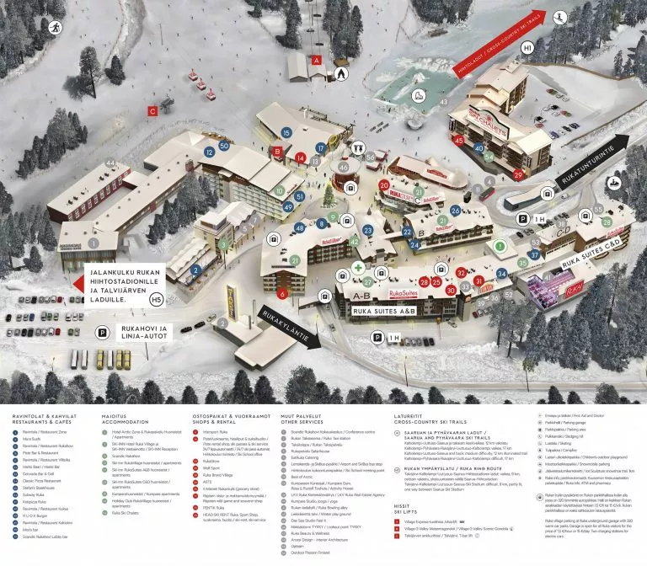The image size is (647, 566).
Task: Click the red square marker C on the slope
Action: (x=152, y=109)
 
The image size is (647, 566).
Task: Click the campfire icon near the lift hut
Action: (x=340, y=73)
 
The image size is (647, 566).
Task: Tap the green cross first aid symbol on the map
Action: (x=358, y=267)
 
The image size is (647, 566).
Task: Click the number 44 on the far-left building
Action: (x=110, y=163)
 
